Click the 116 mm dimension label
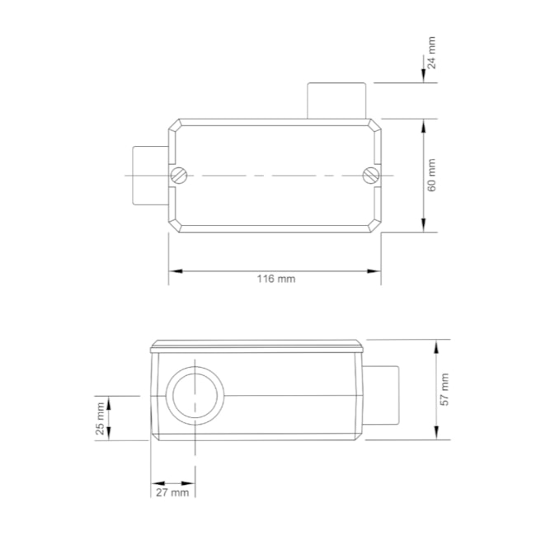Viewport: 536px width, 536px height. click(275, 279)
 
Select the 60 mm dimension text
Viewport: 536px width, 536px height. click(432, 176)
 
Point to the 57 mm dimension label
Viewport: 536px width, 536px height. click(444, 389)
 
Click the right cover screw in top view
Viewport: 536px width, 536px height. click(371, 175)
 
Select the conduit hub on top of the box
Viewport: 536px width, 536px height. click(336, 101)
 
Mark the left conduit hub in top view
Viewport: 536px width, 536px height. click(151, 175)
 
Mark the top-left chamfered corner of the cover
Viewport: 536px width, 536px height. click(174, 125)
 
